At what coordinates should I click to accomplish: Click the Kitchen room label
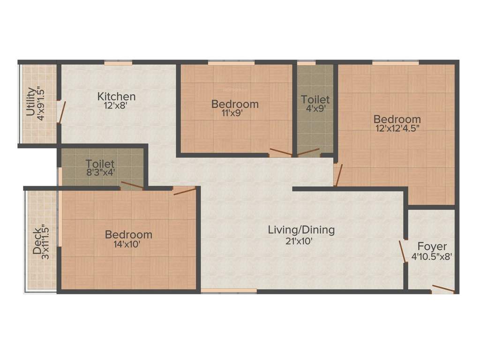tap(116, 97)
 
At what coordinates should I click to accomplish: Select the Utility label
tap(30, 102)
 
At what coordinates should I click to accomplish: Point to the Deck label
tap(37, 241)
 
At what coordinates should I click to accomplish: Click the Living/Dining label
tap(301, 230)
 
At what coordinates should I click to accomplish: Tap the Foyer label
tap(432, 247)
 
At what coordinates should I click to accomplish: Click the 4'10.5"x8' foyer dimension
tap(432, 257)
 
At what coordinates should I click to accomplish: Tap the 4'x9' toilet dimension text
tap(315, 109)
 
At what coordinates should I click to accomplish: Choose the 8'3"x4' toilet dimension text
tap(100, 173)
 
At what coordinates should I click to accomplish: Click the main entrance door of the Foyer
tap(442, 289)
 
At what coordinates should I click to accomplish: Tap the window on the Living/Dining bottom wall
tap(229, 291)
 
